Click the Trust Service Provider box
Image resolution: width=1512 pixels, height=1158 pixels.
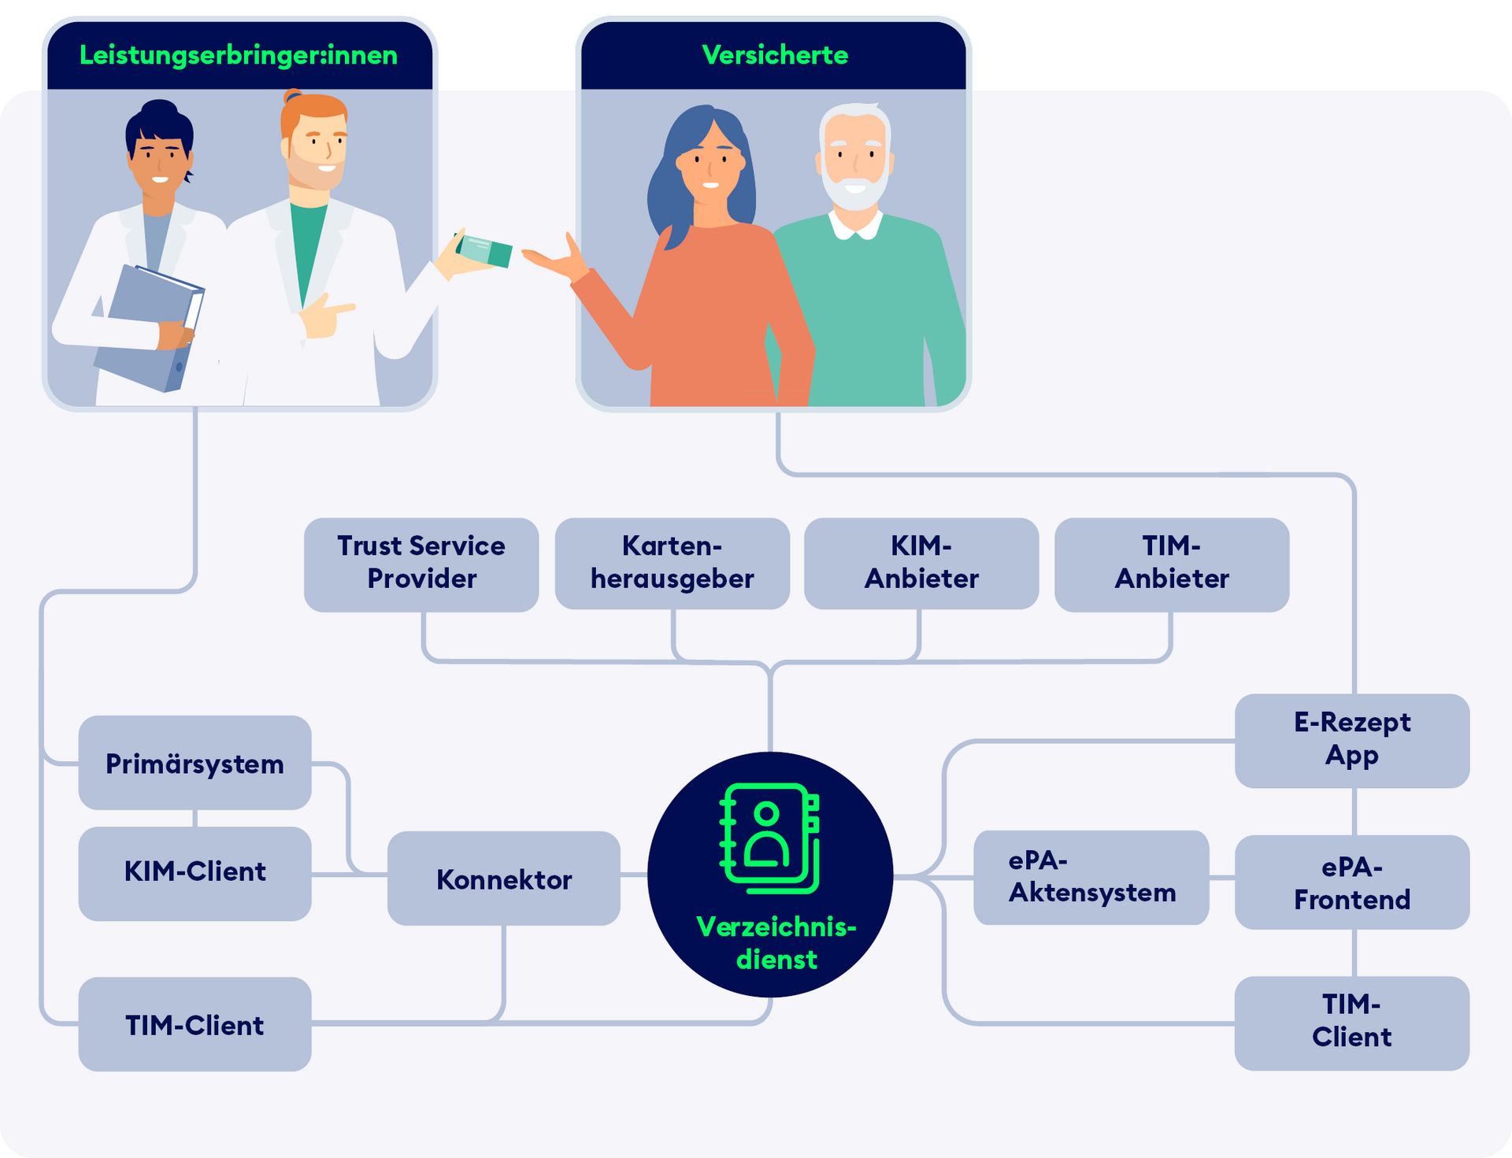click(x=421, y=564)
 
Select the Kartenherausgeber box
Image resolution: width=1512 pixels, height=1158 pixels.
click(x=672, y=564)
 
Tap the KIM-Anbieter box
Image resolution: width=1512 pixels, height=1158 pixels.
click(x=921, y=564)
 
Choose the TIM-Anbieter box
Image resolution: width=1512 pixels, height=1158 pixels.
click(x=1171, y=564)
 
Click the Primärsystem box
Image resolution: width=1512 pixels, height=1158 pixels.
click(x=195, y=763)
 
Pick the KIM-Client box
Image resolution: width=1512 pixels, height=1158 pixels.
click(x=195, y=873)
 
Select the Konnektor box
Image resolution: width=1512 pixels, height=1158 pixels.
click(x=503, y=879)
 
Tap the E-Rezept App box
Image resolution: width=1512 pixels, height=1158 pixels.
click(x=1351, y=740)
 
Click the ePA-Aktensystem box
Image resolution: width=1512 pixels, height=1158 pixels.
click(x=1091, y=877)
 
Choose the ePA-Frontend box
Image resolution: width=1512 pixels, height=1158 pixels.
click(x=1351, y=882)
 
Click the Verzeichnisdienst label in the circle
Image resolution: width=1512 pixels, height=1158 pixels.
click(x=776, y=943)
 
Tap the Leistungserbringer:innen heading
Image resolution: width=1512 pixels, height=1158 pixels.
click(x=239, y=55)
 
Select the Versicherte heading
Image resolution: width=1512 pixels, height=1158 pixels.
click(x=774, y=55)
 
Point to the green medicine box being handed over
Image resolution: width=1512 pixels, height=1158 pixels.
click(x=484, y=250)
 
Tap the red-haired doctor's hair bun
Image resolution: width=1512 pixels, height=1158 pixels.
click(x=292, y=97)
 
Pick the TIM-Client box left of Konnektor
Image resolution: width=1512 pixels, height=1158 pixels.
click(x=195, y=1024)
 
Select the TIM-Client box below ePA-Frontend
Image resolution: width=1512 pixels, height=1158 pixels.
click(x=1351, y=1022)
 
